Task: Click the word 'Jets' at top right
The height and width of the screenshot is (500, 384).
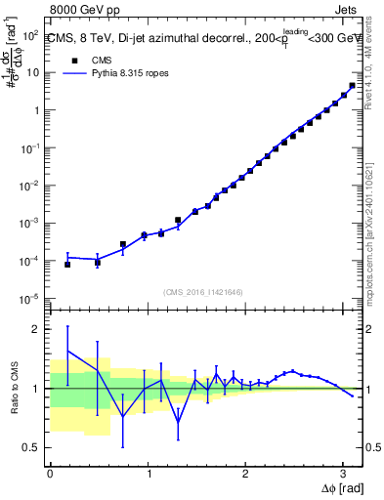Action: coord(346,9)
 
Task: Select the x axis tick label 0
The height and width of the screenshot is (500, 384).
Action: coord(50,473)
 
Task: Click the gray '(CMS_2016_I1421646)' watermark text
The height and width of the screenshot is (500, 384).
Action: coord(203,291)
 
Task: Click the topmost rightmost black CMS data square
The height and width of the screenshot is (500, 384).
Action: coord(352,85)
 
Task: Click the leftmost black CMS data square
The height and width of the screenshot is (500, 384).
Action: coord(67,265)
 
